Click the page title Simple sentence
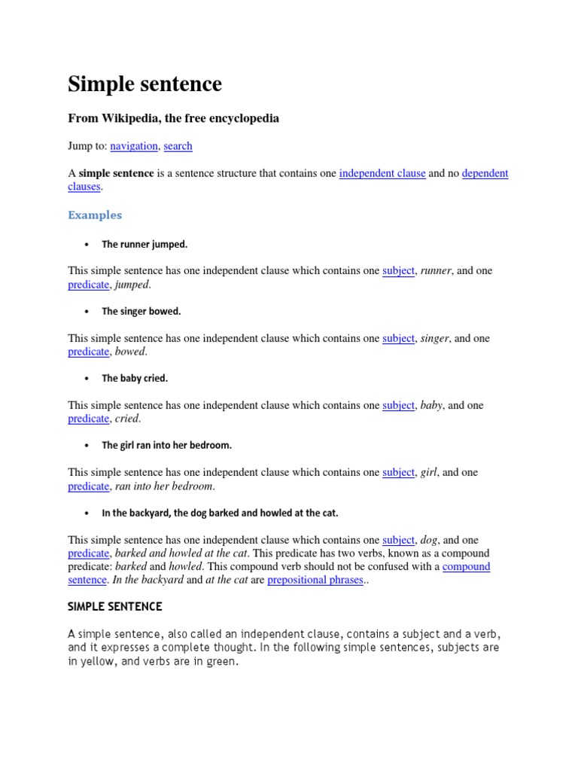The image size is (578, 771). point(144,84)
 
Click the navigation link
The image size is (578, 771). point(134,146)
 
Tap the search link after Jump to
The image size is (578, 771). point(178,146)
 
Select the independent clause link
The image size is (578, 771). point(382,173)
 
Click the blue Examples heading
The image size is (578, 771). point(95,215)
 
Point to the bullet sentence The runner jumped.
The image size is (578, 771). point(144,245)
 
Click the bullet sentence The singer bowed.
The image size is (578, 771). point(141,311)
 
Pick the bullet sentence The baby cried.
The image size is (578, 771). point(135,379)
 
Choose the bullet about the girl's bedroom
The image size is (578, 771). point(166,446)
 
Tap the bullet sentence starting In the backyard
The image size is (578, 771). point(220,513)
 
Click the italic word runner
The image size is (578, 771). point(436,271)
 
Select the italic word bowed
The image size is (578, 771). point(131,352)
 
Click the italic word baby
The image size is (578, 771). point(432,406)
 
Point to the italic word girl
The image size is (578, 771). point(428,473)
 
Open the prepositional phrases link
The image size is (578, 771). point(315,581)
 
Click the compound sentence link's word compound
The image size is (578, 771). point(467,567)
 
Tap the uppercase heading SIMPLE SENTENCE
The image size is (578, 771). point(115,607)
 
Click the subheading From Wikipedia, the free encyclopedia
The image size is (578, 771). point(173,119)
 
